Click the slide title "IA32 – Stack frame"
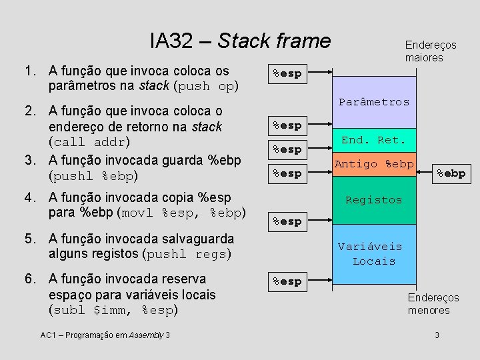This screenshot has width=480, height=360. pos(240,41)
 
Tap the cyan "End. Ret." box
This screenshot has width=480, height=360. pos(373,140)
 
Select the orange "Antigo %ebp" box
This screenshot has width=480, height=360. pos(374,164)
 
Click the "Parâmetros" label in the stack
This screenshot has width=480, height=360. pos(374,102)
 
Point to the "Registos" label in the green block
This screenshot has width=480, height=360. pos(374,200)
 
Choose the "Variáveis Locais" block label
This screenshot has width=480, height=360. pos(374,254)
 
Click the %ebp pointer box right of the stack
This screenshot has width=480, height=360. pos(451,173)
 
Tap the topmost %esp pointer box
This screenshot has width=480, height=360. pos(287,73)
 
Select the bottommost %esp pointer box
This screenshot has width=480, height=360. pos(287,281)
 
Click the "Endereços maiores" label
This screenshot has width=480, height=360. pos(431,51)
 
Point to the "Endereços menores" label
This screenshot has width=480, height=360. pos(433,304)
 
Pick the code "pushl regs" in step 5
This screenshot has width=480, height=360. pos(188,254)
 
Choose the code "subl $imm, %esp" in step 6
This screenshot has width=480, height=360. pos(111,310)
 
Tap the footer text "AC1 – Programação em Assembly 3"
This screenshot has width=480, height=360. pos(105,335)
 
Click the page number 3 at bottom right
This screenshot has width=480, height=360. pos(436,335)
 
